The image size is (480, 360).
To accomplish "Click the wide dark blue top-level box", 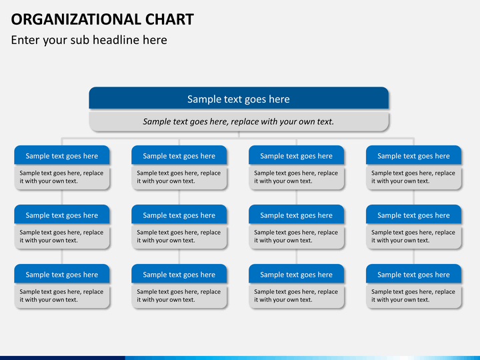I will (x=239, y=99).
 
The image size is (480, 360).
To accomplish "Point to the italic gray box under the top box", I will (x=239, y=121).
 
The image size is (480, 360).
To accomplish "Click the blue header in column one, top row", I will (x=62, y=156).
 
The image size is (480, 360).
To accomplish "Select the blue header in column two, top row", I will (x=179, y=156).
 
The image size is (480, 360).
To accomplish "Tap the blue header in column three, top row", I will (x=296, y=156).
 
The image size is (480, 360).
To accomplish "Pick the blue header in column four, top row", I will (x=413, y=156).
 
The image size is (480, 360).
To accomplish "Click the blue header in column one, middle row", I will (x=62, y=215).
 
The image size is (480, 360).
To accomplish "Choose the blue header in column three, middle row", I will (x=296, y=215).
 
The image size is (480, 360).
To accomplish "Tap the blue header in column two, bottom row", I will (x=179, y=275).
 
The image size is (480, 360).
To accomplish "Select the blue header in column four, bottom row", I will (x=413, y=275).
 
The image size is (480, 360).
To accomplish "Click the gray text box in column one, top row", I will (x=62, y=177).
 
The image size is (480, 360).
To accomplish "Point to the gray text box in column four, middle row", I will (x=413, y=236).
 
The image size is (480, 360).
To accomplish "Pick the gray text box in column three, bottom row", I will (x=296, y=295).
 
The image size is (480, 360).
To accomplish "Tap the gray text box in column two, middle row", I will (x=179, y=236).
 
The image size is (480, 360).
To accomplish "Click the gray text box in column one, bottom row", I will (x=62, y=295).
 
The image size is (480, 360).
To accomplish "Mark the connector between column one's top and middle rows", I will (x=62, y=198).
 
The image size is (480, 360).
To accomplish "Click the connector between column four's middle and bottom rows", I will (x=413, y=257).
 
